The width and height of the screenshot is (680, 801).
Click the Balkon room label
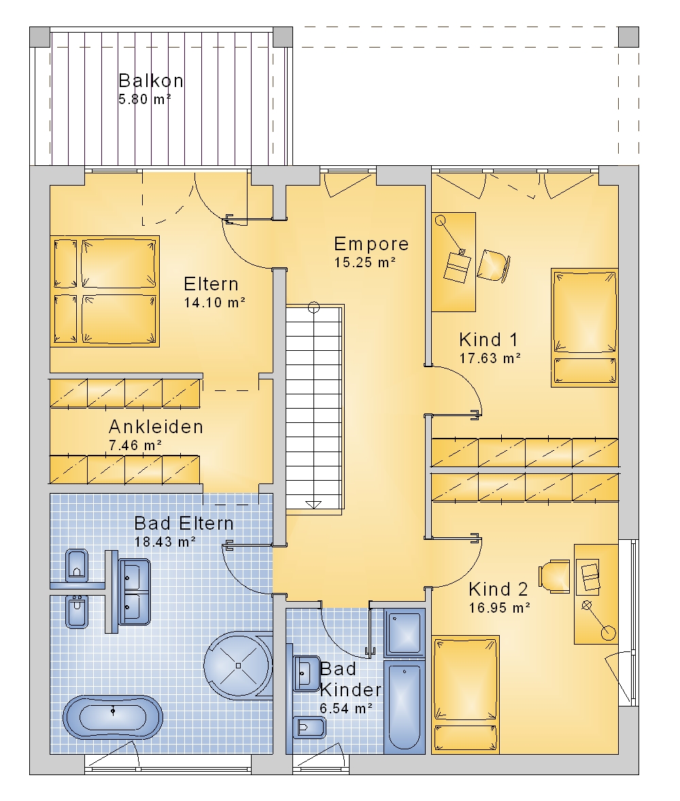coord(151,81)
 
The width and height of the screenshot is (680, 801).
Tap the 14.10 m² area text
coord(215,303)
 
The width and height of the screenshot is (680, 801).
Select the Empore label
coord(371,244)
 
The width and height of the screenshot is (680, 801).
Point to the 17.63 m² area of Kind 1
coord(490,358)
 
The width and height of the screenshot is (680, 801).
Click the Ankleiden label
coord(156,426)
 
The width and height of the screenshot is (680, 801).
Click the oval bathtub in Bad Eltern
coord(113,717)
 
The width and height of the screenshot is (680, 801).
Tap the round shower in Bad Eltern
coord(238,665)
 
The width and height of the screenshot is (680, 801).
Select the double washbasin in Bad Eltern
coord(135,592)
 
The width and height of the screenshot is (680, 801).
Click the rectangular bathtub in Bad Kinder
coord(404,707)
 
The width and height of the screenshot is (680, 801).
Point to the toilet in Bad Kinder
coord(309,728)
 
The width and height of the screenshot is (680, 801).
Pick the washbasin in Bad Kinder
coord(307,674)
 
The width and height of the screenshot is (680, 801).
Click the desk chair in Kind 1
coord(494,265)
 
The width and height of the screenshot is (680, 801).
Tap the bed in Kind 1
coord(585,327)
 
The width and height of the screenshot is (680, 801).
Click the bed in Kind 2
coord(465,694)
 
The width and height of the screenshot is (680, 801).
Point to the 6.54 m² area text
coord(346,709)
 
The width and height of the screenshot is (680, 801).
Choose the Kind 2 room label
coord(498,589)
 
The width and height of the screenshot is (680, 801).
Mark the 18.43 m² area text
coord(165,541)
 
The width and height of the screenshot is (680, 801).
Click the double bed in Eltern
coord(105,291)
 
